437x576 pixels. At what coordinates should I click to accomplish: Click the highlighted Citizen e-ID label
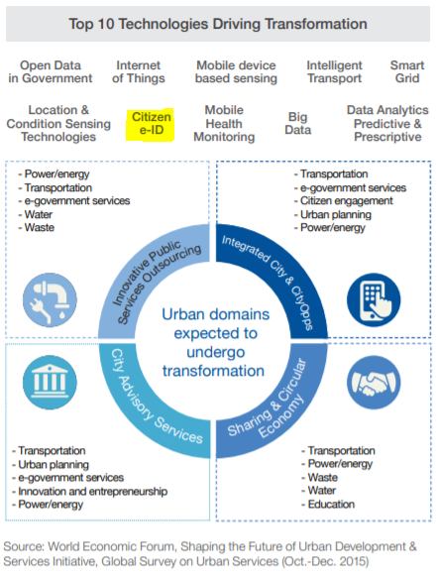coord(151,124)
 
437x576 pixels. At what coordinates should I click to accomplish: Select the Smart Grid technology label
coord(407,71)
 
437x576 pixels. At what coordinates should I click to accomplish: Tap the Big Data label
coord(298,123)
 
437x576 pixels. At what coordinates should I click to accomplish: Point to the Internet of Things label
coord(139,71)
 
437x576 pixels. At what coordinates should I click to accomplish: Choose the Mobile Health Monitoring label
coord(224,123)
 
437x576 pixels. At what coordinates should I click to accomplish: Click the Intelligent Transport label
coord(334,71)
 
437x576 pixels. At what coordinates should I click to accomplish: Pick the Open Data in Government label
coord(51,71)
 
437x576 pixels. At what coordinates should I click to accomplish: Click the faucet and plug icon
coord(50,299)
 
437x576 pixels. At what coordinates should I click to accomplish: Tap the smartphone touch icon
coord(374,299)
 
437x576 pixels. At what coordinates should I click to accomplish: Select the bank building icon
coord(50,382)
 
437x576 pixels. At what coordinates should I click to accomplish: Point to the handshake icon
coord(374,382)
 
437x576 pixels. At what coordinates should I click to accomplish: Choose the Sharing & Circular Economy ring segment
coord(282,407)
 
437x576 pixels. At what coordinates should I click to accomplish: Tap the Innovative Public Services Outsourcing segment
coord(147,272)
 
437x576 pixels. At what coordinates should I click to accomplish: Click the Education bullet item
coord(328,504)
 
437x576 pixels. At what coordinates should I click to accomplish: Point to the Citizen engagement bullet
coord(343,200)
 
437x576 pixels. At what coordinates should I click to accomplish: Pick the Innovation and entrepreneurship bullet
coord(89,491)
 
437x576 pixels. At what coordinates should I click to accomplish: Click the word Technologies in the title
coord(163,24)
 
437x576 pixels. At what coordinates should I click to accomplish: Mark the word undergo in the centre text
coord(216,353)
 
